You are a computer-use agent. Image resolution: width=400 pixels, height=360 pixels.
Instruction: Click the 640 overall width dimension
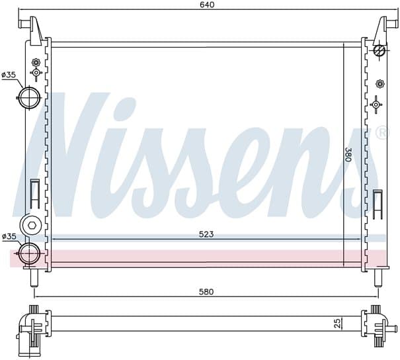(x=207, y=5)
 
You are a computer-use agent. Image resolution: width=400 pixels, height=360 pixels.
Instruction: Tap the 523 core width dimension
(x=206, y=234)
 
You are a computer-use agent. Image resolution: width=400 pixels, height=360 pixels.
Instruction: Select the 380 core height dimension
(x=348, y=154)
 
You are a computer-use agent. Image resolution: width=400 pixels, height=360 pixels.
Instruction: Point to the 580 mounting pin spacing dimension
(x=206, y=292)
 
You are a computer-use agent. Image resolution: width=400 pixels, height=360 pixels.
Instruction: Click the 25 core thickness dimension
(x=337, y=323)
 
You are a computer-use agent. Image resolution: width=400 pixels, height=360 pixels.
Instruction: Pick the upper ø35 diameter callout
(x=9, y=75)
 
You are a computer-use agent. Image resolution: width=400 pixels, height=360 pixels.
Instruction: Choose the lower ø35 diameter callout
(x=9, y=236)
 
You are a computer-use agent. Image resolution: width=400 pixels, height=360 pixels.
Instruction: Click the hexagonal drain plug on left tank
(x=32, y=225)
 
